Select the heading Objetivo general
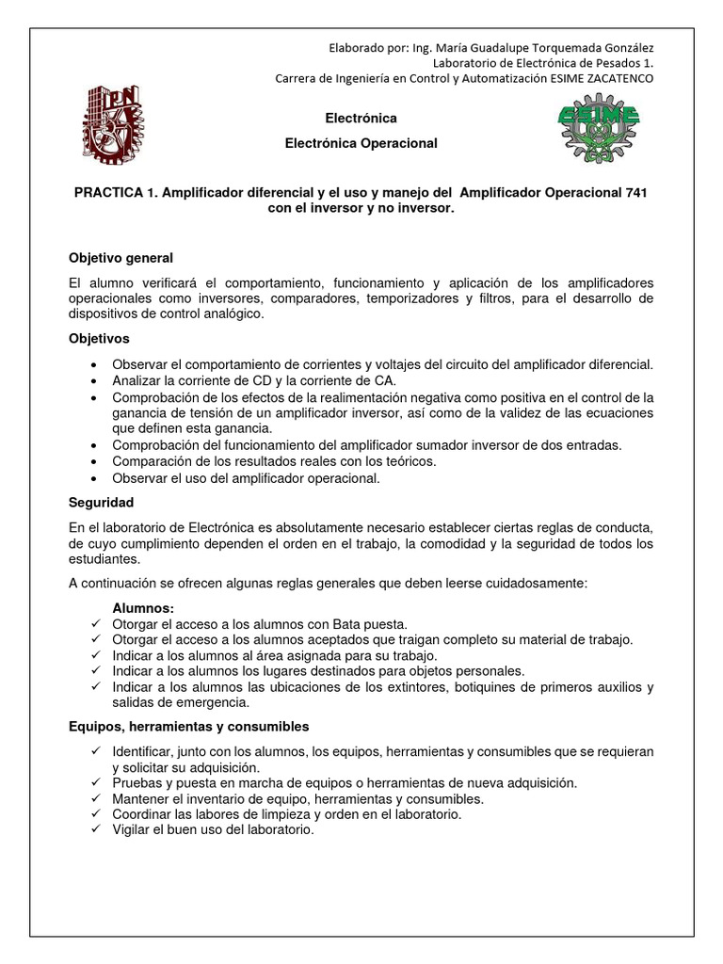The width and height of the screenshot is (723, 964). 120,258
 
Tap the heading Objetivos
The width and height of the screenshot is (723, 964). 99,338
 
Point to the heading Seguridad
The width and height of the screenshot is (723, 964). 101,503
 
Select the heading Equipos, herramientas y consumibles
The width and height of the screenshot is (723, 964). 188,727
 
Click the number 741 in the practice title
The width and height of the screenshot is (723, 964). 635,192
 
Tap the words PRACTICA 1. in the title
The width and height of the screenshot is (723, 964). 115,192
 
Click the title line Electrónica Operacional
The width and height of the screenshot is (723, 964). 361,143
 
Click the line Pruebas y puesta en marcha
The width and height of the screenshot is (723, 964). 345,783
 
